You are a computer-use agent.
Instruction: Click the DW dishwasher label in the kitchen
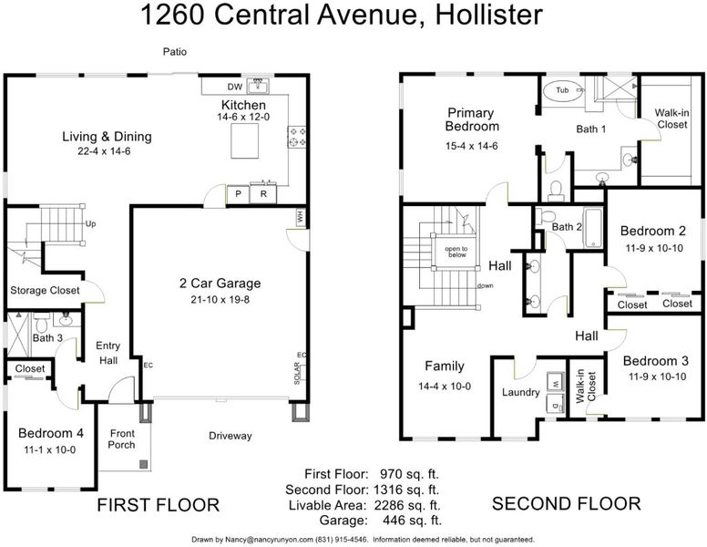(x=235, y=88)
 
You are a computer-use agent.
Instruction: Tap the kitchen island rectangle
(x=245, y=140)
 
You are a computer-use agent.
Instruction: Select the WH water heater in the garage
(x=301, y=218)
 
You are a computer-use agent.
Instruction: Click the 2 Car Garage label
(x=220, y=284)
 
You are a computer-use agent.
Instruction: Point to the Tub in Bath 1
(x=562, y=91)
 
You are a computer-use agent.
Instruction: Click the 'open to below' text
(x=456, y=252)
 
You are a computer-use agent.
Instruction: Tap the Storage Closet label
(x=45, y=290)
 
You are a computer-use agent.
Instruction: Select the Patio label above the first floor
(x=175, y=52)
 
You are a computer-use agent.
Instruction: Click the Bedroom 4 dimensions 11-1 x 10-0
(x=49, y=450)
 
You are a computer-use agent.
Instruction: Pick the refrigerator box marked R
(x=263, y=194)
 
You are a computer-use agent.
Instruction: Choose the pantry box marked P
(x=238, y=194)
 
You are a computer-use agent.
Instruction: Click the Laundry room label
(x=521, y=393)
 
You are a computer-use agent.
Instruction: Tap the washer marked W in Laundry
(x=556, y=383)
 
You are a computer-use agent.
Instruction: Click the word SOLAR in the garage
(x=297, y=373)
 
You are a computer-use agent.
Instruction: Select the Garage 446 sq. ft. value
(x=412, y=521)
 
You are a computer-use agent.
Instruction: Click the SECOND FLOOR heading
(x=567, y=503)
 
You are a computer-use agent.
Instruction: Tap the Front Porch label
(x=122, y=439)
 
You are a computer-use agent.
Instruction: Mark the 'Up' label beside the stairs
(x=90, y=224)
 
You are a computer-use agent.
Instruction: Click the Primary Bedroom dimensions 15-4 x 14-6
(x=472, y=146)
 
